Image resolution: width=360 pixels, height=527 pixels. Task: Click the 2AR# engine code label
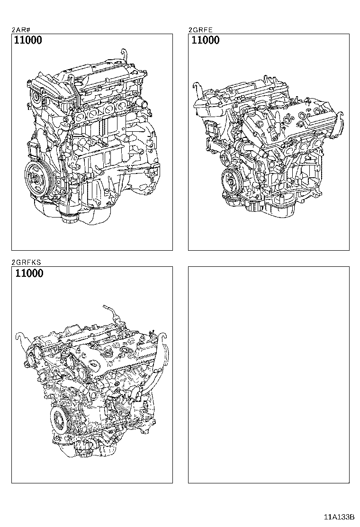click(x=21, y=29)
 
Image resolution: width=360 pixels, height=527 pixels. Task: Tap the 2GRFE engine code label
click(x=200, y=29)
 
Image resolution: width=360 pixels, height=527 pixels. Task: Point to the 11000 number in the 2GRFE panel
click(x=205, y=40)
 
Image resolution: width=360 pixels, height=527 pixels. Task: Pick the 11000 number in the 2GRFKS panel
click(x=28, y=273)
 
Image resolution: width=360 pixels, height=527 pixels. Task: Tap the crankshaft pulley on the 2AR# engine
click(x=36, y=178)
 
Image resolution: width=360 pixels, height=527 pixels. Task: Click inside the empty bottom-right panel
click(x=269, y=374)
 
